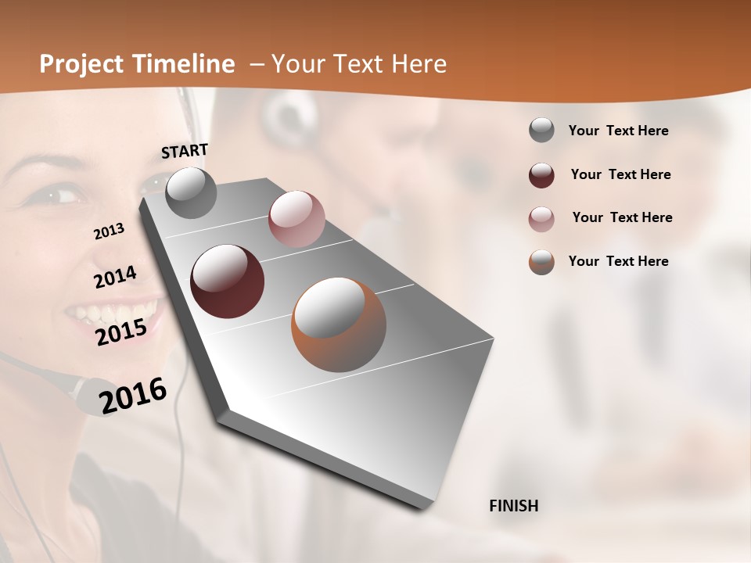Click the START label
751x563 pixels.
(185, 151)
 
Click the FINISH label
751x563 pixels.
(514, 506)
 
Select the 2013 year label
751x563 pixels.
(110, 231)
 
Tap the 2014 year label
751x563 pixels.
(115, 278)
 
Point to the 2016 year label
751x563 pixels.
(133, 396)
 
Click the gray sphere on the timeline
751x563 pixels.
(192, 192)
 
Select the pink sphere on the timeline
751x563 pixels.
(296, 219)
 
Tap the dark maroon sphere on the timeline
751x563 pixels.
(227, 281)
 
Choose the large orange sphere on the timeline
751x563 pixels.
(339, 325)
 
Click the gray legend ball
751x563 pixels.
(541, 131)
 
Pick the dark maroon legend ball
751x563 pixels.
(541, 175)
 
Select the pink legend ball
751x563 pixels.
(541, 219)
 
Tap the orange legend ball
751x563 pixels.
(541, 262)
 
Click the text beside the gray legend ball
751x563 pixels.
(618, 131)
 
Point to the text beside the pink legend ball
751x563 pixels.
(622, 217)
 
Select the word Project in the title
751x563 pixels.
(77, 64)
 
